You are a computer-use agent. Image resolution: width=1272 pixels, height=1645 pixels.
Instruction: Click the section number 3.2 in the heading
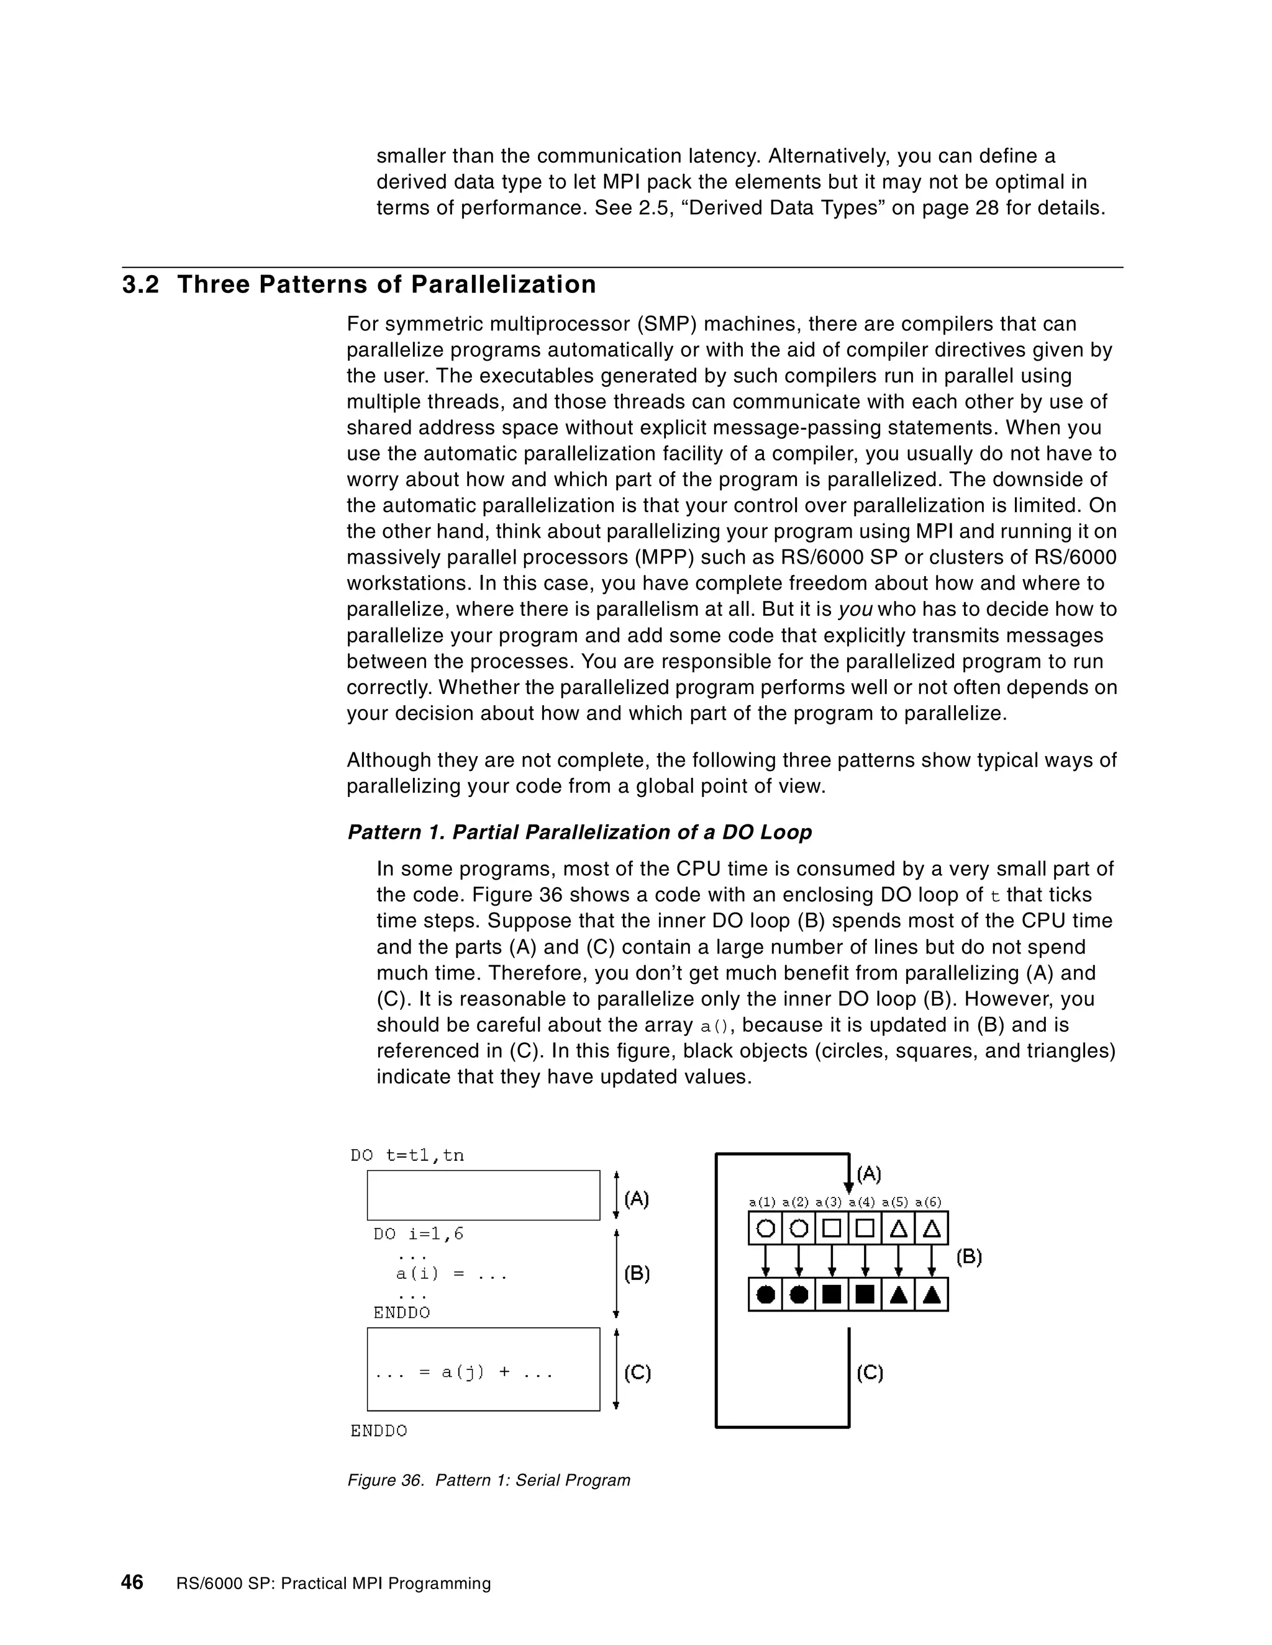140,285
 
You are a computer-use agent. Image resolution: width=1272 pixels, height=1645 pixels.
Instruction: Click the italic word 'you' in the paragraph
855,610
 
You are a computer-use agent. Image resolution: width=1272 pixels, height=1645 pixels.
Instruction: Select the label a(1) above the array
762,1202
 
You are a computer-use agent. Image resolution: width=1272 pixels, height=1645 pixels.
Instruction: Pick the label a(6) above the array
928,1202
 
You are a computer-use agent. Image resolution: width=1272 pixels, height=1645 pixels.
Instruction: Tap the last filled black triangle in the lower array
932,1295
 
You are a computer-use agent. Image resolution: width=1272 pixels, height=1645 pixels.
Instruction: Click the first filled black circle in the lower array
765,1295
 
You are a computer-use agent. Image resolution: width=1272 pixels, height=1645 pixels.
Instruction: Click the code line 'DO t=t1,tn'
407,1155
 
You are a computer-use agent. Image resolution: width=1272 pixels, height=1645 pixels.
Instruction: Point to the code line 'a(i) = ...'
452,1274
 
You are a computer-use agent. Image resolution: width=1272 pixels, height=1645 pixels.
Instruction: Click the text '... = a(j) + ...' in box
464,1372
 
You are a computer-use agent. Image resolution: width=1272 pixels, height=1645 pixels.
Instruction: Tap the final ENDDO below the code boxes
378,1431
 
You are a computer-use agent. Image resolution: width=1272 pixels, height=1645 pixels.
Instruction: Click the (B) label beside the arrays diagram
968,1257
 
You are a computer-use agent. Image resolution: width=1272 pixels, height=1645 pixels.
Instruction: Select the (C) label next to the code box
637,1372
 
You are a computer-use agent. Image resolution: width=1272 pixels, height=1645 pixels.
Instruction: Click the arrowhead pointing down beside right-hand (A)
848,1189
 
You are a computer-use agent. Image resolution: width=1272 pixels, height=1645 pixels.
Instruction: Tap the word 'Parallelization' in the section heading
502,285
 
